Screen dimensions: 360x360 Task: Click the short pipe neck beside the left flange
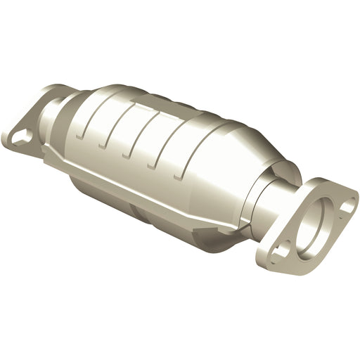point(56,112)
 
